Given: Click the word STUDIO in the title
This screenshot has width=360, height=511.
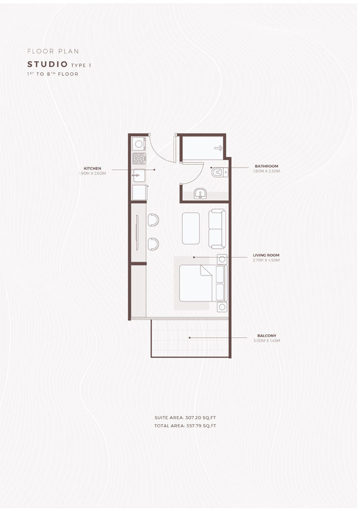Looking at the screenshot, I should click(x=48, y=65).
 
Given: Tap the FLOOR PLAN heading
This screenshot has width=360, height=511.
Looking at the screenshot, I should click(x=53, y=51).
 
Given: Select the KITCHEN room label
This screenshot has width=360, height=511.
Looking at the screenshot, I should click(x=93, y=168).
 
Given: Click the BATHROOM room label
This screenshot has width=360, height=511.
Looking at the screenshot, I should click(x=266, y=166).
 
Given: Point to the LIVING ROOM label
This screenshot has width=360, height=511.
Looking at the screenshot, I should click(x=266, y=255).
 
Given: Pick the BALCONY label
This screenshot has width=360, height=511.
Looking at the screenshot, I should click(x=266, y=336).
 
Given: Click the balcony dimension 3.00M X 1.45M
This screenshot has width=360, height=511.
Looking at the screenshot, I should click(x=266, y=341).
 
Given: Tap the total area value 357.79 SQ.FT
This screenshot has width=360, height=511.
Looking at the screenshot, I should click(x=200, y=425).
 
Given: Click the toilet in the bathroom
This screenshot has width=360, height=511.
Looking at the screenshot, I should click(x=219, y=171).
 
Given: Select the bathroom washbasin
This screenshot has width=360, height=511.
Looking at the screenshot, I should click(x=200, y=194).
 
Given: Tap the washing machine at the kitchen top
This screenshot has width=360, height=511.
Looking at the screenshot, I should click(x=139, y=144).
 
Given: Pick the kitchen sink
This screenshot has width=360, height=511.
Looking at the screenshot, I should click(x=139, y=175).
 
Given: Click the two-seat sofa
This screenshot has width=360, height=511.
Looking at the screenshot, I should click(x=217, y=229).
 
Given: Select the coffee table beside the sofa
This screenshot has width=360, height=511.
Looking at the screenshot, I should click(x=191, y=228).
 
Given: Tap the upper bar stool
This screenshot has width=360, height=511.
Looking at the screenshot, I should click(x=153, y=220).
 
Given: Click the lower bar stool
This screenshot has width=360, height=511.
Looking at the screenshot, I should click(x=153, y=244).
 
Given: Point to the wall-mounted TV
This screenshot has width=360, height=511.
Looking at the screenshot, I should click(x=137, y=233).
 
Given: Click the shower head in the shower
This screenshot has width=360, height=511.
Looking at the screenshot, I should click(x=217, y=148).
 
